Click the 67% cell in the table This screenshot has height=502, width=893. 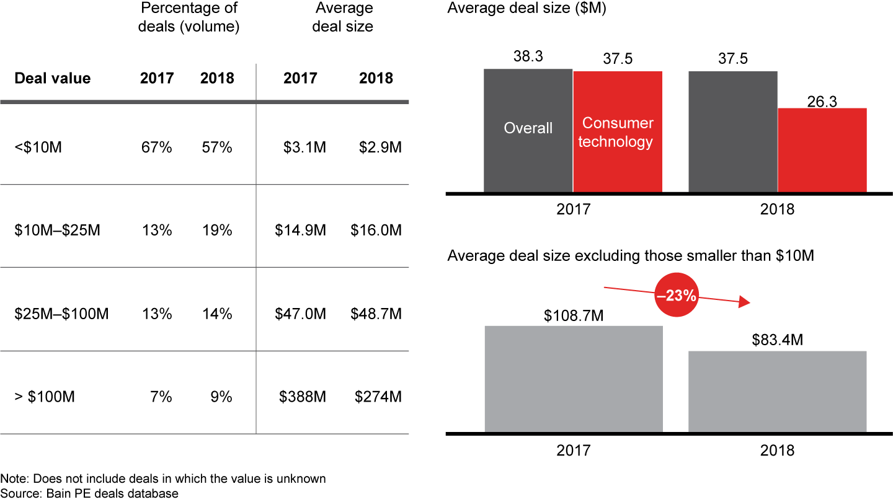coord(157,148)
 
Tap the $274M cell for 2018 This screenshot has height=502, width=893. coord(378,397)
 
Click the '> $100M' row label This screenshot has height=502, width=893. coord(45,397)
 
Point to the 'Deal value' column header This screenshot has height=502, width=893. coord(52,79)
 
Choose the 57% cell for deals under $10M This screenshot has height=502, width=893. coord(216,148)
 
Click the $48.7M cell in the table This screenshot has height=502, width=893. coord(378,314)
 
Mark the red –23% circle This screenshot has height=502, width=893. coord(675,296)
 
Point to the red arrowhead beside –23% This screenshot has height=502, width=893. coord(745,303)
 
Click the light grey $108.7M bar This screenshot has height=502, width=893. coord(574,379)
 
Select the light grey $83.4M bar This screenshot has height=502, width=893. coord(778,392)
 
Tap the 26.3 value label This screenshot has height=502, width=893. coord(822,101)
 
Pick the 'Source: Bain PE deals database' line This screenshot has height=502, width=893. coord(89,494)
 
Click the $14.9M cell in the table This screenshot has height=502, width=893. coord(301,231)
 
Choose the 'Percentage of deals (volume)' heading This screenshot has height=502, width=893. coord(190,17)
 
